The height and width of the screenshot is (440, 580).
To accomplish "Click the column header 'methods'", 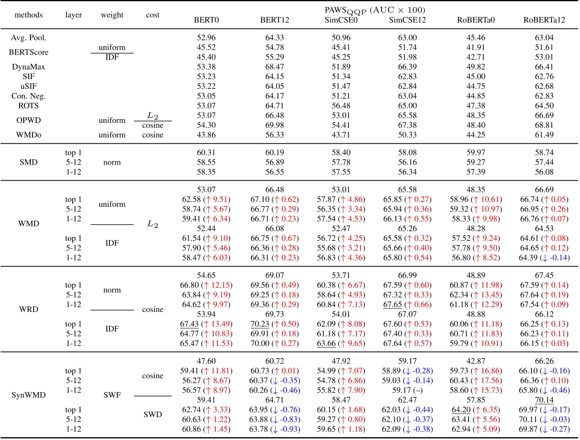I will (28, 15).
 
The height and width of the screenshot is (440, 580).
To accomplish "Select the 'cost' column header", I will (152, 15).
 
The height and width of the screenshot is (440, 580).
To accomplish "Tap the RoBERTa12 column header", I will (544, 20).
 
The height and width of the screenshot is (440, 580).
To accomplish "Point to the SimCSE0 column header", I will (341, 20).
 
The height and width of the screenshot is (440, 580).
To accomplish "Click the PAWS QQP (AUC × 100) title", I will (375, 10).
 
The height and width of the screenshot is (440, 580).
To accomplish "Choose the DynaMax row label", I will (28, 67).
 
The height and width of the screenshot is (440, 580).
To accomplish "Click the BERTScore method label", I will (28, 52).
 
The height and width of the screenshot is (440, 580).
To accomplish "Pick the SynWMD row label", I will (28, 395).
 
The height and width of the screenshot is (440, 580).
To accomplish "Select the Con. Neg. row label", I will (28, 96).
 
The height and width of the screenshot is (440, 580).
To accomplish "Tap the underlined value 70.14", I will (544, 400).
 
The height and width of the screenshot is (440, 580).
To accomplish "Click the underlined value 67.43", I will (189, 324).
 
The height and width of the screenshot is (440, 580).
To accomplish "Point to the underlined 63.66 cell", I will (326, 343).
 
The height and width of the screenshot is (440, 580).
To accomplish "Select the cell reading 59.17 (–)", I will (407, 390).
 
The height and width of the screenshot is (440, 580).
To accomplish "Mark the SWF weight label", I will (112, 395).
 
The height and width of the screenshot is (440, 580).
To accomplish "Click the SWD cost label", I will (152, 414).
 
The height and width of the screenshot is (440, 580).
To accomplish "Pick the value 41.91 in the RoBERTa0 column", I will (476, 47).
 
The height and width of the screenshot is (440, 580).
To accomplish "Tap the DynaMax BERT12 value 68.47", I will (274, 67).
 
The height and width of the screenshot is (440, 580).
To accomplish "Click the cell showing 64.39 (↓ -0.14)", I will (544, 258).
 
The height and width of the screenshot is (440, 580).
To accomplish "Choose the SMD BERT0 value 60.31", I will (206, 153).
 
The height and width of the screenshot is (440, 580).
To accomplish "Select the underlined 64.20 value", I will (461, 409).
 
